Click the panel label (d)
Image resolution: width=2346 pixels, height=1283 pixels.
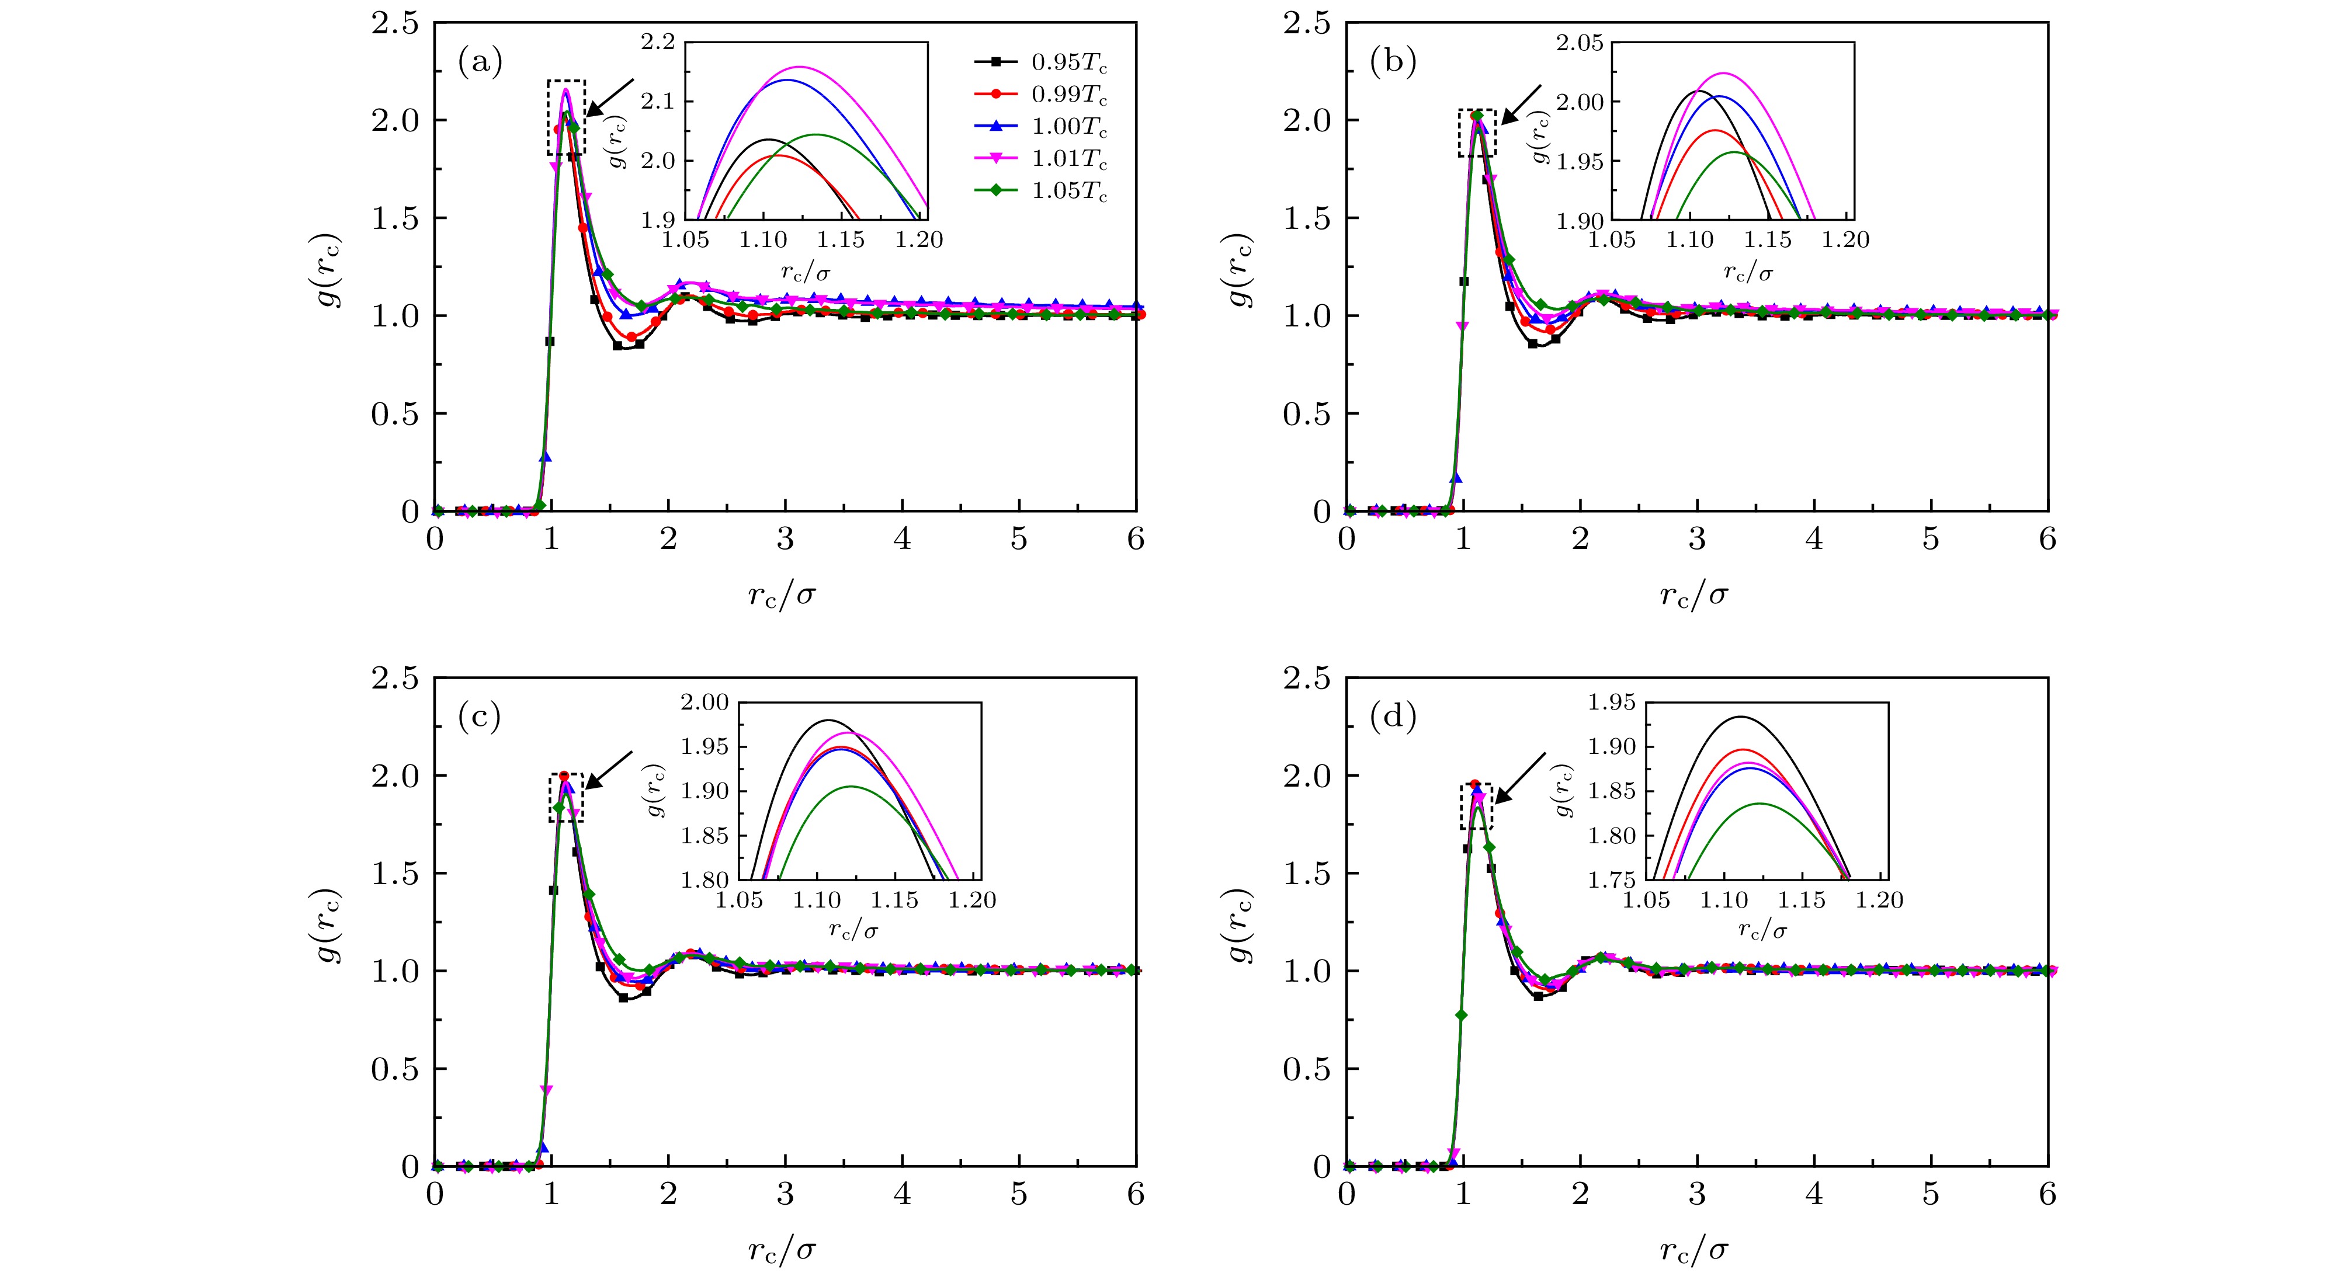click(1393, 718)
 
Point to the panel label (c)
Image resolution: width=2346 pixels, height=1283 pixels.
click(480, 718)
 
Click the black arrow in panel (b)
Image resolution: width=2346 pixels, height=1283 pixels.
click(1522, 104)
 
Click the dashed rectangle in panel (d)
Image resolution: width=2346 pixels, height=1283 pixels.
click(1476, 806)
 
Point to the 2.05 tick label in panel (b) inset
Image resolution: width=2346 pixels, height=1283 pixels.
click(1578, 42)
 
